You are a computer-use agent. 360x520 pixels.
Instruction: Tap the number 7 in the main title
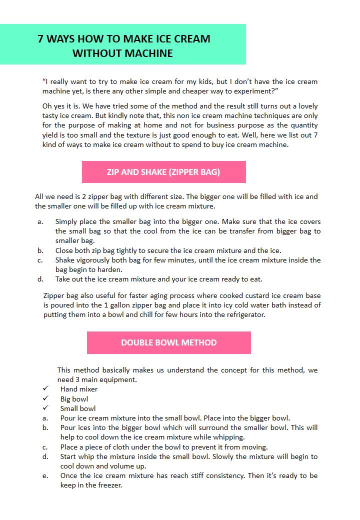click(x=41, y=39)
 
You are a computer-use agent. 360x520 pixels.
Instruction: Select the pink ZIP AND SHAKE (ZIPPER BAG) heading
click(x=163, y=172)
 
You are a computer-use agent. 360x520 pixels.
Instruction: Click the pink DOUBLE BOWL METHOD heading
click(x=168, y=342)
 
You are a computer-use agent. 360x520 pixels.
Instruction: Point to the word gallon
click(x=188, y=305)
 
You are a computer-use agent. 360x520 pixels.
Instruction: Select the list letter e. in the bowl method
click(x=45, y=475)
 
